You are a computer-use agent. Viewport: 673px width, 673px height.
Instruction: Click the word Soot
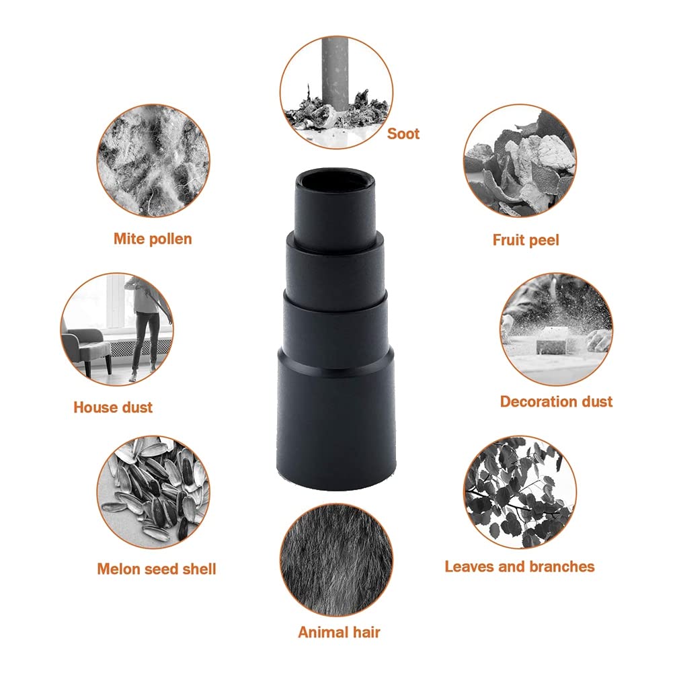pyautogui.click(x=403, y=134)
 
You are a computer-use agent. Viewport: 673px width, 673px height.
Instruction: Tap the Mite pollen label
pyautogui.click(x=153, y=239)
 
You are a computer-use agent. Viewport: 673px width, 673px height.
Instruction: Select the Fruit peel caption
pyautogui.click(x=526, y=239)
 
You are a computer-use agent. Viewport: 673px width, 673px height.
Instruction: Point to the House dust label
pyautogui.click(x=113, y=407)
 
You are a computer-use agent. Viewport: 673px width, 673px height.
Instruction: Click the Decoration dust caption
pyautogui.click(x=556, y=401)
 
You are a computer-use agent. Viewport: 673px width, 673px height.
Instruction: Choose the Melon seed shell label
pyautogui.click(x=157, y=569)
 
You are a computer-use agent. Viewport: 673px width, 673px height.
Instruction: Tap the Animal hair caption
pyautogui.click(x=339, y=632)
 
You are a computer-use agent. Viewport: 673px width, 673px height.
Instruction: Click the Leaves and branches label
pyautogui.click(x=519, y=567)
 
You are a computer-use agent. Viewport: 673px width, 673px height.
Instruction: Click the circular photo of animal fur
pyautogui.click(x=336, y=560)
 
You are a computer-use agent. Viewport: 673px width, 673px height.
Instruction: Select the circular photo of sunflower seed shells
pyautogui.click(x=153, y=492)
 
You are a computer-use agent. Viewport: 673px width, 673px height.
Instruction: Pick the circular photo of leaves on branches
pyautogui.click(x=520, y=492)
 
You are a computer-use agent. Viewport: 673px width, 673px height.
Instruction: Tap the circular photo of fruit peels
pyautogui.click(x=520, y=161)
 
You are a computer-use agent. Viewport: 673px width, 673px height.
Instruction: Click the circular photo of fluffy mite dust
pyautogui.click(x=153, y=161)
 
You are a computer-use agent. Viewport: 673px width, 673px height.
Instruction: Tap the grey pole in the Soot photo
pyautogui.click(x=336, y=74)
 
